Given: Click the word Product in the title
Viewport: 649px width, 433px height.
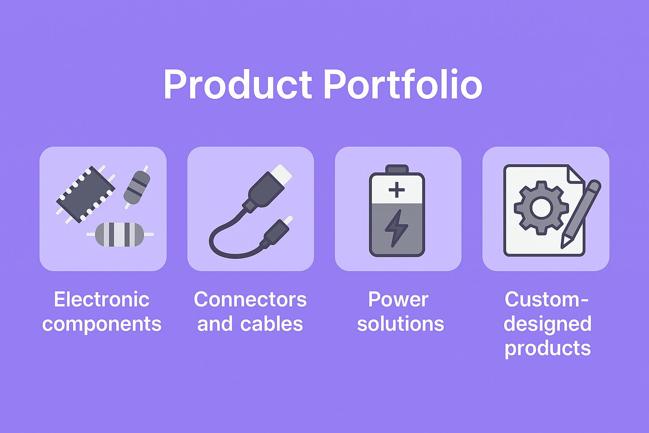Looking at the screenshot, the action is pyautogui.click(x=238, y=84).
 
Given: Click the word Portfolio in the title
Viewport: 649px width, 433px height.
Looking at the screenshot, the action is pyautogui.click(x=403, y=84).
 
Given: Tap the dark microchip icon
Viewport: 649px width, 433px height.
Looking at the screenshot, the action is pyautogui.click(x=85, y=195).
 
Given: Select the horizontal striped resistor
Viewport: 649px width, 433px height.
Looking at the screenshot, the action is pyautogui.click(x=120, y=234).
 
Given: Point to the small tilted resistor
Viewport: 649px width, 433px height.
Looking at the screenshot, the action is pyautogui.click(x=137, y=187).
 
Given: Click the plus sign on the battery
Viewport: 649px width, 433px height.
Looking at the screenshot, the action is pyautogui.click(x=397, y=190).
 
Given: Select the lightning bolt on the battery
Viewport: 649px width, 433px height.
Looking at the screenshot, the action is pyautogui.click(x=396, y=228).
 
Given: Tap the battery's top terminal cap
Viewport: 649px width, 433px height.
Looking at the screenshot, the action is pyautogui.click(x=397, y=169).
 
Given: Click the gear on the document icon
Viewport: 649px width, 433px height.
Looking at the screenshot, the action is pyautogui.click(x=541, y=208).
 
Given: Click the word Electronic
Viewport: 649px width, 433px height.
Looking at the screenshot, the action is pyautogui.click(x=102, y=299).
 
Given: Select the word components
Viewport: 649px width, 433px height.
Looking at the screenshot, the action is pyautogui.click(x=102, y=324).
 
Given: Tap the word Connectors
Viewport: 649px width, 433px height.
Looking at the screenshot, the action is pyautogui.click(x=250, y=299).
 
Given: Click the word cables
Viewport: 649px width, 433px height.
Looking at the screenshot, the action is pyautogui.click(x=272, y=323).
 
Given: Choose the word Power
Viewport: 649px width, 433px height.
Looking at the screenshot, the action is pyautogui.click(x=398, y=299).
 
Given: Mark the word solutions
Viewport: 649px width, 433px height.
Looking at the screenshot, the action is pyautogui.click(x=401, y=323).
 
